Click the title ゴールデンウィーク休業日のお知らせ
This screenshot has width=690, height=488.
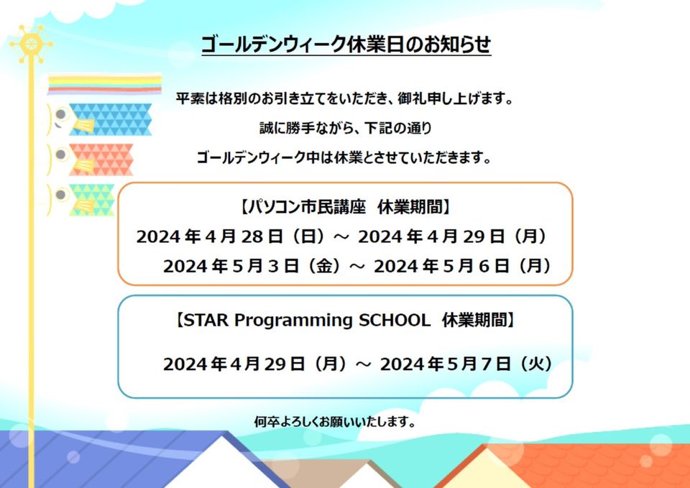(346, 45)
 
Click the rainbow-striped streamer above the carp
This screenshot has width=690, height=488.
(104, 83)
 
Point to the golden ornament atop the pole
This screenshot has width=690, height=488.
(31, 44)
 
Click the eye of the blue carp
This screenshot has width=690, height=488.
(60, 115)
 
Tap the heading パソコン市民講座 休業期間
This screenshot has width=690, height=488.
(346, 207)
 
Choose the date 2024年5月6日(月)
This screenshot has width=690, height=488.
(463, 266)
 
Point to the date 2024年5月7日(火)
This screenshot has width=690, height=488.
(466, 364)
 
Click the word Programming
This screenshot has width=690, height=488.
(293, 321)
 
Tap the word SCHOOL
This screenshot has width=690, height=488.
(395, 320)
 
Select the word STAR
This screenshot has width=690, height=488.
(206, 320)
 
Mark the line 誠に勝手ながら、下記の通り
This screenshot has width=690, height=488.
(346, 128)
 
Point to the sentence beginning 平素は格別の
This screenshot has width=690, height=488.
(345, 98)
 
